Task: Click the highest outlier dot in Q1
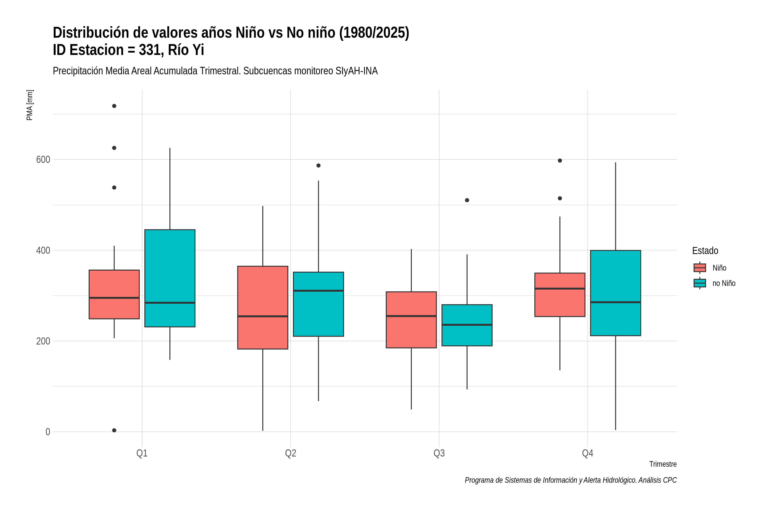coord(114,106)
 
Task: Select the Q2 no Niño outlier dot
coord(318,166)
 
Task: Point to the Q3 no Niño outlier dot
coord(467,200)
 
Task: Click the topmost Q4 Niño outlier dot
coord(560,160)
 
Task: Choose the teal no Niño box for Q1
coord(170,278)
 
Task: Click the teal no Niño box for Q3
coord(467,325)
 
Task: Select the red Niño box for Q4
coord(560,295)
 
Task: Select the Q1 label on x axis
coord(142,453)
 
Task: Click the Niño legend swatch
coord(699,268)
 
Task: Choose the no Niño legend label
coord(724,283)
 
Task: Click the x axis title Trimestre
coord(663,464)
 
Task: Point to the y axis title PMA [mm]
coord(30,105)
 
